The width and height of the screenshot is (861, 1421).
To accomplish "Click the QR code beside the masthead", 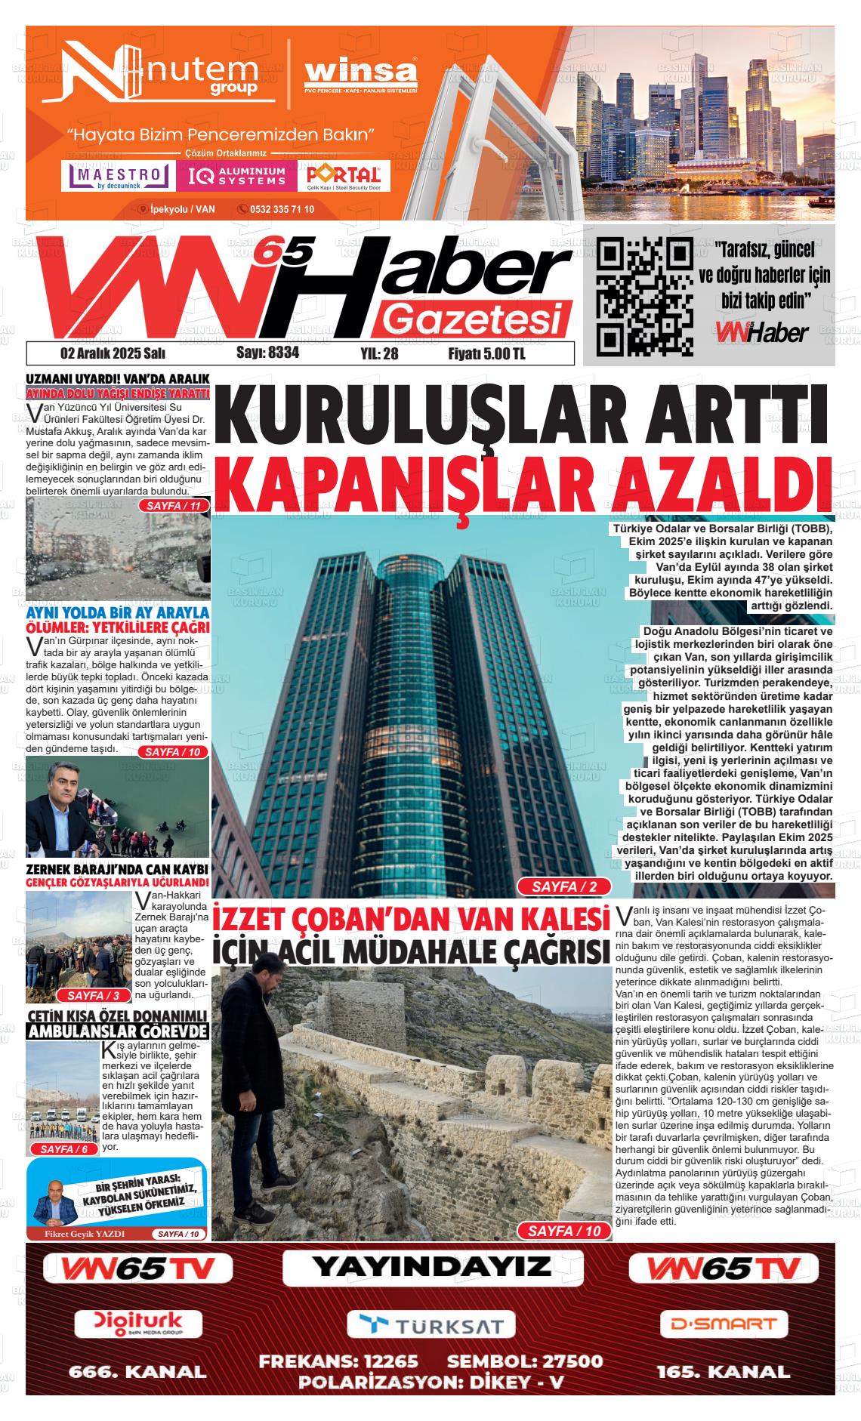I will (644, 297).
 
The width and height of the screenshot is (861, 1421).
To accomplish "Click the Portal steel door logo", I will (344, 177).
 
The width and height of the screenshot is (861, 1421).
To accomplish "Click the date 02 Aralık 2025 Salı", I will (113, 353).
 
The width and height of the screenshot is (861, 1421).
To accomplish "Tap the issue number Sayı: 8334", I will (267, 353).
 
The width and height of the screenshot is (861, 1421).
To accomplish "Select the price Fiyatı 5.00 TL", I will (486, 353).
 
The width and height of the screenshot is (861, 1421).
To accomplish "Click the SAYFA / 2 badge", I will (564, 886).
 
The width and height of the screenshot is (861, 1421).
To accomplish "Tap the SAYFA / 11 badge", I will (174, 505).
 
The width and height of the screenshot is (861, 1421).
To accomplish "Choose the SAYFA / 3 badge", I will (94, 995).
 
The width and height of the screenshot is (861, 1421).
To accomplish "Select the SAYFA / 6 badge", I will (64, 1148).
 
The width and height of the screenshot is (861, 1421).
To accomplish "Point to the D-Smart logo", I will (723, 1324).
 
